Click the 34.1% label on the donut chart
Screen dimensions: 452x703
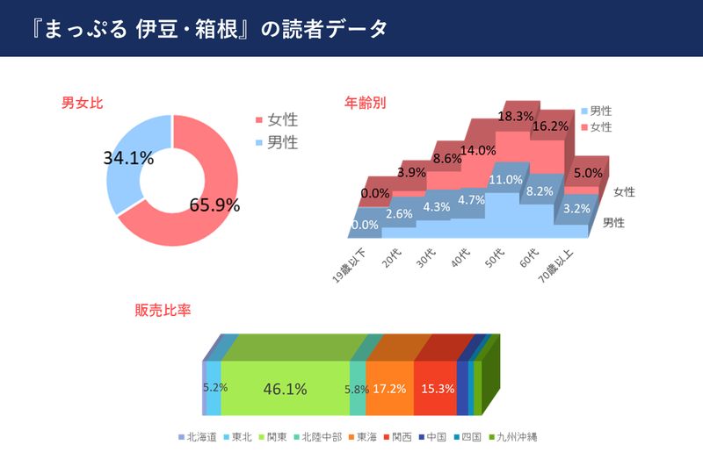pos(128,159)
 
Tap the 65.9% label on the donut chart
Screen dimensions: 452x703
pos(214,205)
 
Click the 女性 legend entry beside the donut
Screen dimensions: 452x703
pos(282,119)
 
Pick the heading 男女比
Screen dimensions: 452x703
pos(83,103)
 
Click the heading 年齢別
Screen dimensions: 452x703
pos(365,103)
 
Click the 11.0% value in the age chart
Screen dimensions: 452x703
pos(504,180)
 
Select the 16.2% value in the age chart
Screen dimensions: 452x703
pos(550,126)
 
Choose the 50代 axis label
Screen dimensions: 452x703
pos(493,257)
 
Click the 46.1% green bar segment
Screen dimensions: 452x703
pos(285,388)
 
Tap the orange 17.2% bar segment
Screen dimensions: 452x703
pos(389,388)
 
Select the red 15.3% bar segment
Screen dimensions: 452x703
pos(436,388)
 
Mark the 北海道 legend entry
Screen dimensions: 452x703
pos(199,436)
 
